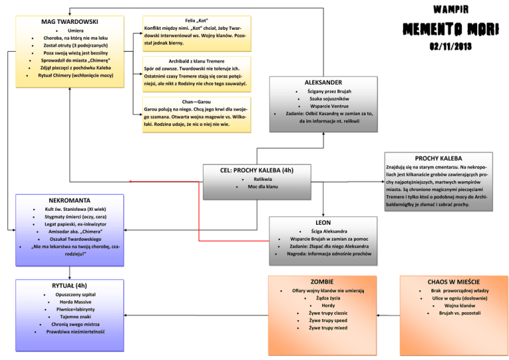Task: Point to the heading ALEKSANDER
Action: pos(324,82)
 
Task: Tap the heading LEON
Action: pos(323,223)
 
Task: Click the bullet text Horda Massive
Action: pos(76,302)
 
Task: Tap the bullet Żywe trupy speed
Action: pos(328,320)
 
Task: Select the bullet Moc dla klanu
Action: pos(262,187)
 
